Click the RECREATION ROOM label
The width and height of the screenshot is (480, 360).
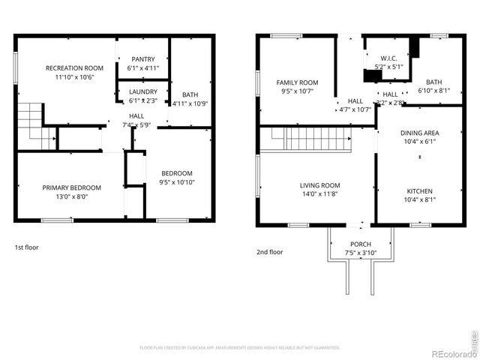73,67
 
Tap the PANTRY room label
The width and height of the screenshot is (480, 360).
143,59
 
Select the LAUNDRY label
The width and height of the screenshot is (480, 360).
143,91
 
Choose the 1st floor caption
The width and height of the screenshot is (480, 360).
26,247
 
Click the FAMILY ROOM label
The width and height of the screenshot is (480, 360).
297,82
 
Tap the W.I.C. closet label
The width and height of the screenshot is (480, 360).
388,58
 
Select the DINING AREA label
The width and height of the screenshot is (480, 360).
419,132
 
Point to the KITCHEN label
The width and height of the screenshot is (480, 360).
419,190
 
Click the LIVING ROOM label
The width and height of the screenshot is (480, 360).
320,185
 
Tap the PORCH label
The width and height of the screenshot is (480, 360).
360,244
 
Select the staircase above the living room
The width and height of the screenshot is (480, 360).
309,139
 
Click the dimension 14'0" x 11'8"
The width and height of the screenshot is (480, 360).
320,194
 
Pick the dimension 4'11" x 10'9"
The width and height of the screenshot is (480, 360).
185,103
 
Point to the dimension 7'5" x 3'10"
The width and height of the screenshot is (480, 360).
360,253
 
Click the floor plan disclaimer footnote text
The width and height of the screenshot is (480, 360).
240,347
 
